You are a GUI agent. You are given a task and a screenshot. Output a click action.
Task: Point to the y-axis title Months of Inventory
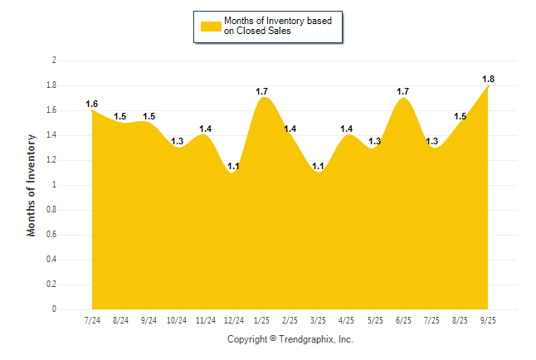click(32, 185)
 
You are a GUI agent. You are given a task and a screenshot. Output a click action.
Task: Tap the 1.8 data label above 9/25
click(489, 79)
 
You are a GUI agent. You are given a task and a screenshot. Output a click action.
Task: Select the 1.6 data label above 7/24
click(92, 104)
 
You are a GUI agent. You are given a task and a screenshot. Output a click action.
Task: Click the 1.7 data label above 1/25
click(262, 91)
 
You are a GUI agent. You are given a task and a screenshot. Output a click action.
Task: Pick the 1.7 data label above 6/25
click(403, 91)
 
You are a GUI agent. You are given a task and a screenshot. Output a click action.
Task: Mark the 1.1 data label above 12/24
click(234, 166)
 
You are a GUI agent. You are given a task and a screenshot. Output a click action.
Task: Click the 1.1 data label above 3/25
click(319, 166)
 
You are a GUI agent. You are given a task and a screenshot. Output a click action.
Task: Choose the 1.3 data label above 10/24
click(177, 141)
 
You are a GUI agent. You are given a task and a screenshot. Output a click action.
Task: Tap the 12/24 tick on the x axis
click(234, 319)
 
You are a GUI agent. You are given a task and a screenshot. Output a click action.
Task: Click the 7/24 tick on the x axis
click(92, 319)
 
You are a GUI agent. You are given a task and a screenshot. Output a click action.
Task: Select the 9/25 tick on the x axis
click(489, 319)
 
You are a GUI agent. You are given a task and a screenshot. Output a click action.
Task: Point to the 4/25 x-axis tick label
click(347, 319)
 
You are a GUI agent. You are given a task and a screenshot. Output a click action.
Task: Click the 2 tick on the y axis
click(54, 61)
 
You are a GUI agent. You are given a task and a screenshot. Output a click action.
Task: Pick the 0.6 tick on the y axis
click(51, 235)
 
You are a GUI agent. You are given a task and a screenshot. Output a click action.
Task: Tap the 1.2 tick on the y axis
click(51, 160)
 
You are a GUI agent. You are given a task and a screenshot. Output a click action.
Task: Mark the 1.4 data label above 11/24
click(205, 129)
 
